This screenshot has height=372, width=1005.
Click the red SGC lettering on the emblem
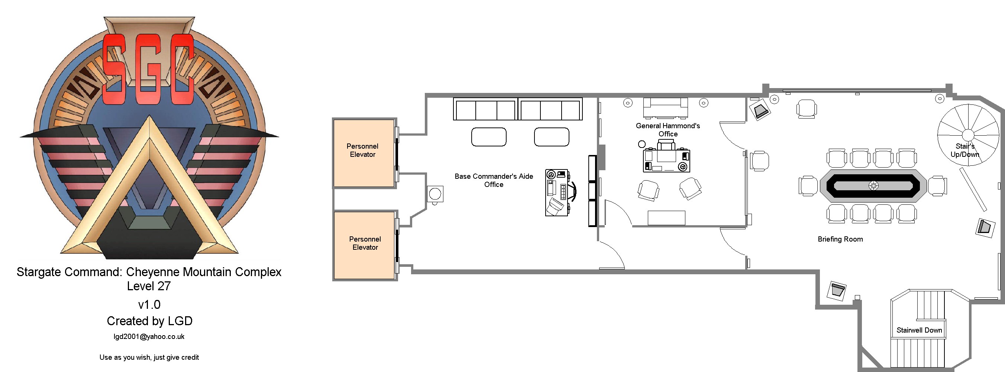[148, 69]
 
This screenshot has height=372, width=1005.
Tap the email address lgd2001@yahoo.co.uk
[149, 337]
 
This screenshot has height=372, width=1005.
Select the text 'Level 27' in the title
[149, 286]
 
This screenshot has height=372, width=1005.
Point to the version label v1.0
[149, 304]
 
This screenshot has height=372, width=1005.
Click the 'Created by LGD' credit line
[149, 321]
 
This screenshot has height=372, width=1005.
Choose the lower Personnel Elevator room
[365, 246]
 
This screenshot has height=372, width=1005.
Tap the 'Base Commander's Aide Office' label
[494, 180]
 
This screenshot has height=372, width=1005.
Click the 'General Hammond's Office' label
[668, 130]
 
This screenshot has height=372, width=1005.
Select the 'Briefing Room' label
[840, 239]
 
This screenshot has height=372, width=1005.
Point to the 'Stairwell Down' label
[919, 330]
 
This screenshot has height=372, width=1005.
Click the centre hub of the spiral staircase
[967, 135]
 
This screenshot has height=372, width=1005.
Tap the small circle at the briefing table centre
[873, 185]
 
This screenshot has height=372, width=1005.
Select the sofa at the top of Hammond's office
[666, 108]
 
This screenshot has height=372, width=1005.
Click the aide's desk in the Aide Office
[557, 193]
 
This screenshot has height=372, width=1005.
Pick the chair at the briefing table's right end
[937, 185]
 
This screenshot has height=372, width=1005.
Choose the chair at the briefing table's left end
[808, 185]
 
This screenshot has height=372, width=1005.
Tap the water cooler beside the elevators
[435, 194]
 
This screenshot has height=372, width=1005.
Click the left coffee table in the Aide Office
[489, 137]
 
